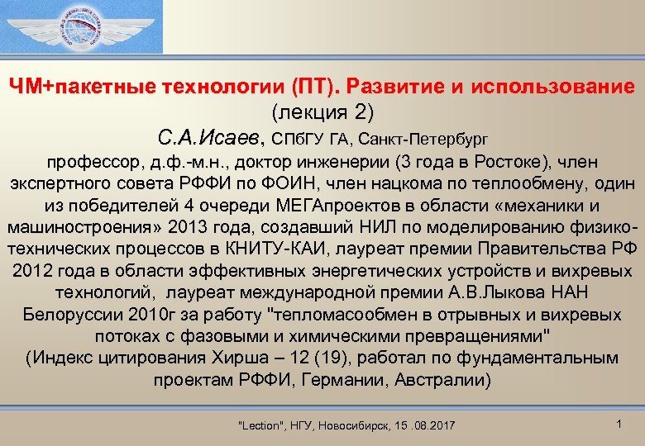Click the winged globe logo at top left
click(82, 26)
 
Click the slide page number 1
click(619, 424)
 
